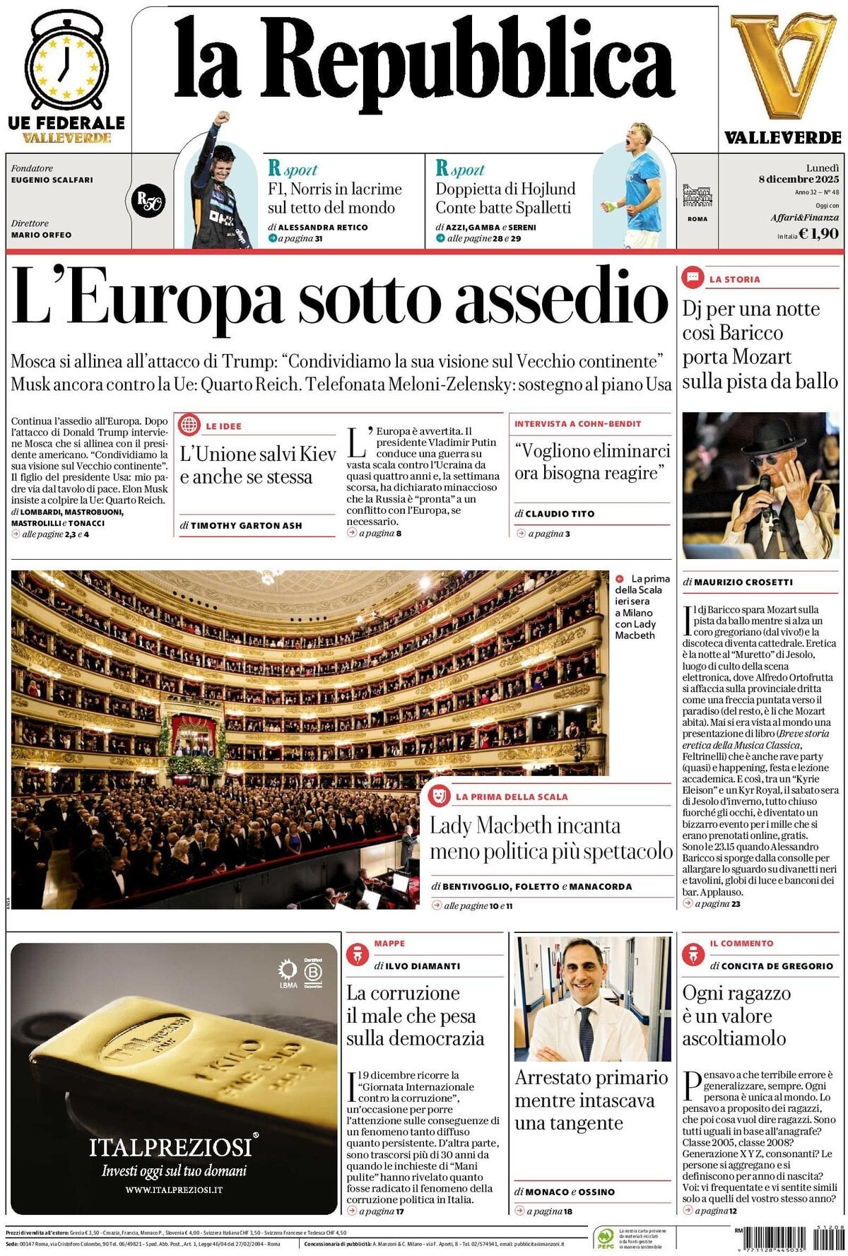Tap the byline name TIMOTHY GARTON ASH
tap(246, 525)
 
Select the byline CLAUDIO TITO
tap(560, 514)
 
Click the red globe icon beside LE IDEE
tap(189, 425)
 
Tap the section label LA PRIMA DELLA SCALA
tap(512, 797)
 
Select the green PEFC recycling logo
tap(605, 1238)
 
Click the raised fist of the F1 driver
tap(224, 117)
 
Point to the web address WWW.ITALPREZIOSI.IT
tap(174, 1190)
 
